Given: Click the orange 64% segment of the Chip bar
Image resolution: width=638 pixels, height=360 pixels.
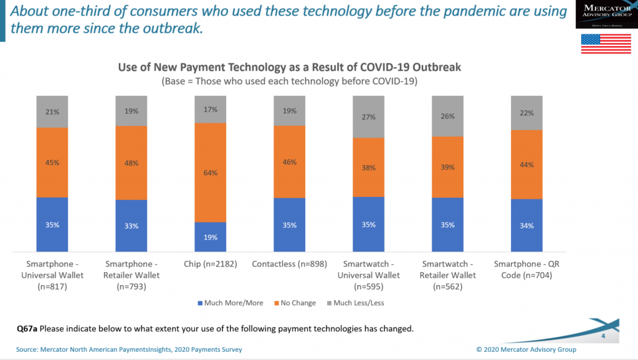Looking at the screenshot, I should pos(210,173).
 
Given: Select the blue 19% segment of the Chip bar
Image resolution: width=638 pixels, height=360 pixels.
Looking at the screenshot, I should pos(210,237).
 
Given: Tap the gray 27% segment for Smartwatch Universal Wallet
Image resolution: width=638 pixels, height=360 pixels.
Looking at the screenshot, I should pos(368,116).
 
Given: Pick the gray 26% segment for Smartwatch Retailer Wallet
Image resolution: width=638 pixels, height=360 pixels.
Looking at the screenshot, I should pos(447,116).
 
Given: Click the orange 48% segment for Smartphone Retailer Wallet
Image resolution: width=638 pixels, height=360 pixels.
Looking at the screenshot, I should pos(131,163).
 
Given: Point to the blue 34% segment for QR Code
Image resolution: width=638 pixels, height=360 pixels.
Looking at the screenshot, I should pos(526,225).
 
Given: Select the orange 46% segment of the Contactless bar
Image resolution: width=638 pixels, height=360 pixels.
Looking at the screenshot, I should pos(289,162).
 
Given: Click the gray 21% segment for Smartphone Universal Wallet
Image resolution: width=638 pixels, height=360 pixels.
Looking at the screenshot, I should pos(52,111).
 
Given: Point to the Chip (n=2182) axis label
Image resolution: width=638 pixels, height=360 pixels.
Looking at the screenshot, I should pos(210,264).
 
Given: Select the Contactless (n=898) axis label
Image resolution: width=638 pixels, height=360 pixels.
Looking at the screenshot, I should pos(289,264).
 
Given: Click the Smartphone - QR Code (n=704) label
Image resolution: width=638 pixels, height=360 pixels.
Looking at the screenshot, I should pos(526,270).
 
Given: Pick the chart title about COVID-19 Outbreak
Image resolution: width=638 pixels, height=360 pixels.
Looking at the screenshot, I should pos(289,67).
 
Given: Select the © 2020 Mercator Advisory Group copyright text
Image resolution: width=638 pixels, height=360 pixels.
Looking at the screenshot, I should pos(526,349).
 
